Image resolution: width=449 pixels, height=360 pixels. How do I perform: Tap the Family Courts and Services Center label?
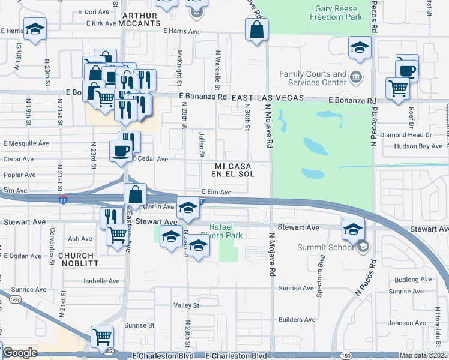click(313, 79)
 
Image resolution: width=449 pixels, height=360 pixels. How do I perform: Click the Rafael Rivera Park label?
click(225, 231)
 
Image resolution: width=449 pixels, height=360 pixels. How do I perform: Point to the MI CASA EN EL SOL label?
click(233, 169)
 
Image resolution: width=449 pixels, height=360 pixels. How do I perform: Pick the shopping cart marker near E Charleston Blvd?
click(102, 337)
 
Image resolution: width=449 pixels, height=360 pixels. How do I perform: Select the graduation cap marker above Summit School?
click(352, 228)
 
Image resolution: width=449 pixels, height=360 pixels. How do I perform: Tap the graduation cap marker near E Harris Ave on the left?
click(35, 30)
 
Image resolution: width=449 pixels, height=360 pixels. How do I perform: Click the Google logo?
click(20, 353)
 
